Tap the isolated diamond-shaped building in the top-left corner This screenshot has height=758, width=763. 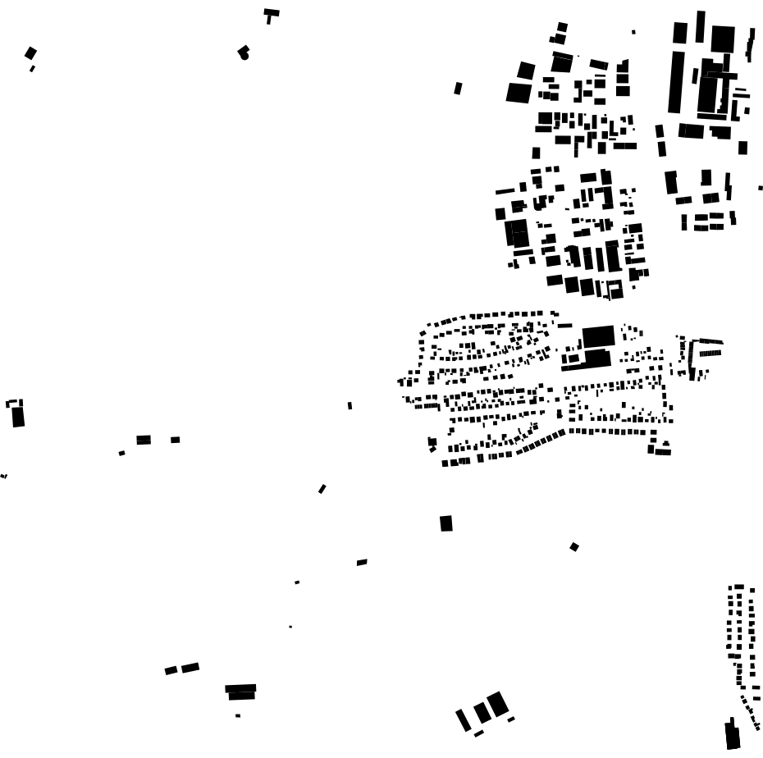(30, 53)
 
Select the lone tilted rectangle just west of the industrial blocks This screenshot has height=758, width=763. (458, 88)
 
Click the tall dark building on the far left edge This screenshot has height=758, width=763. (18, 417)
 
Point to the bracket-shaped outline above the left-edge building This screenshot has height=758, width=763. (14, 403)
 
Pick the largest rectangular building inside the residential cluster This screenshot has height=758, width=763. (598, 336)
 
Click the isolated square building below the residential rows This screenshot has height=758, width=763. (446, 523)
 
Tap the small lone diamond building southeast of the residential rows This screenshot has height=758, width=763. (574, 546)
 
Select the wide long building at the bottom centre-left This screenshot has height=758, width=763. (240, 689)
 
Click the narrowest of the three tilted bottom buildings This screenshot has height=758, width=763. (464, 719)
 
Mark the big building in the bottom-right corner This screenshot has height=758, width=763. (733, 735)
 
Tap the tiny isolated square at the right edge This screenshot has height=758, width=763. (761, 188)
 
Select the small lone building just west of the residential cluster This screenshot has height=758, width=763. (350, 405)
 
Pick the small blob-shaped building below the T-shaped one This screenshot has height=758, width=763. (243, 53)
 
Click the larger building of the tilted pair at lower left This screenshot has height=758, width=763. (190, 668)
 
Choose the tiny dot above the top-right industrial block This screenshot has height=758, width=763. (633, 32)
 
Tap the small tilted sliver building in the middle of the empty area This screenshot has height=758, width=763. (322, 489)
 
